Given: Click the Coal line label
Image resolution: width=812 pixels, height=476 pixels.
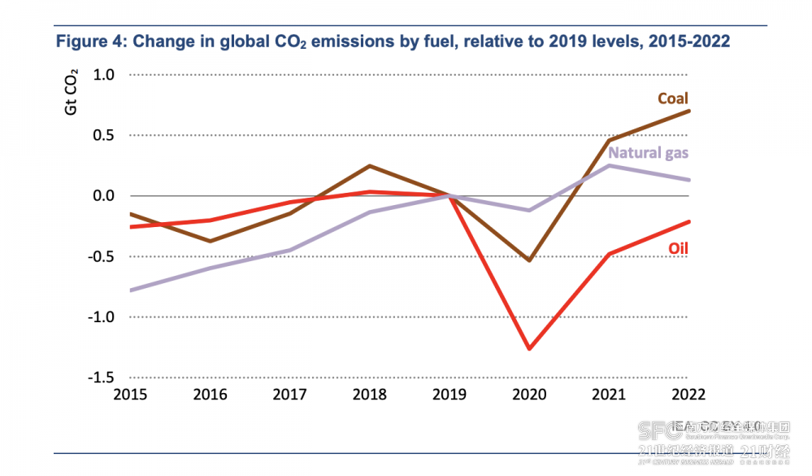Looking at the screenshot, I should (672, 98).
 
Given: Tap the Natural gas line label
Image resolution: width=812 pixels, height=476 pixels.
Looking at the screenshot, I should (649, 153).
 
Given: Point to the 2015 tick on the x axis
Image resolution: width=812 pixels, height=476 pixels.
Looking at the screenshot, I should (130, 395).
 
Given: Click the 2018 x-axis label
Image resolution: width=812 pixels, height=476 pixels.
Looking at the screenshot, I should (370, 395).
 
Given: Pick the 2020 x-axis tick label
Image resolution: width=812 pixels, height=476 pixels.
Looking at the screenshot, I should (530, 395).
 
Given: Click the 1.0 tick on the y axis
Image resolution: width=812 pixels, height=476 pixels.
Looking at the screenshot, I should (104, 75).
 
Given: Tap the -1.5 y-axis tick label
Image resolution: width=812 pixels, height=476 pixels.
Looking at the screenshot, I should (102, 378).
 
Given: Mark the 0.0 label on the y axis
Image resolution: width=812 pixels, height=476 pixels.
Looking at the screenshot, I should (104, 196).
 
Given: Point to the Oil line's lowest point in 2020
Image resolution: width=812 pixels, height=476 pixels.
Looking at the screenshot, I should (530, 349).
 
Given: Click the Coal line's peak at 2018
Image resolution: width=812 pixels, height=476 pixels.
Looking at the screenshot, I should (370, 166).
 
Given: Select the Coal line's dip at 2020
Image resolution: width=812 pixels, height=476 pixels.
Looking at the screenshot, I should (530, 260).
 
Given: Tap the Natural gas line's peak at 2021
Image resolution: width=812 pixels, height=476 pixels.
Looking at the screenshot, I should (610, 165).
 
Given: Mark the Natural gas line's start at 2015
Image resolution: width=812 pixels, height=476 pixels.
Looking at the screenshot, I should (131, 290).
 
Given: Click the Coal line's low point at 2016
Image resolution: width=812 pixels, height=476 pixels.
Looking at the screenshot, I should (211, 241).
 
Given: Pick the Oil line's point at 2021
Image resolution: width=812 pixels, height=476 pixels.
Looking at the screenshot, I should (610, 254).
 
